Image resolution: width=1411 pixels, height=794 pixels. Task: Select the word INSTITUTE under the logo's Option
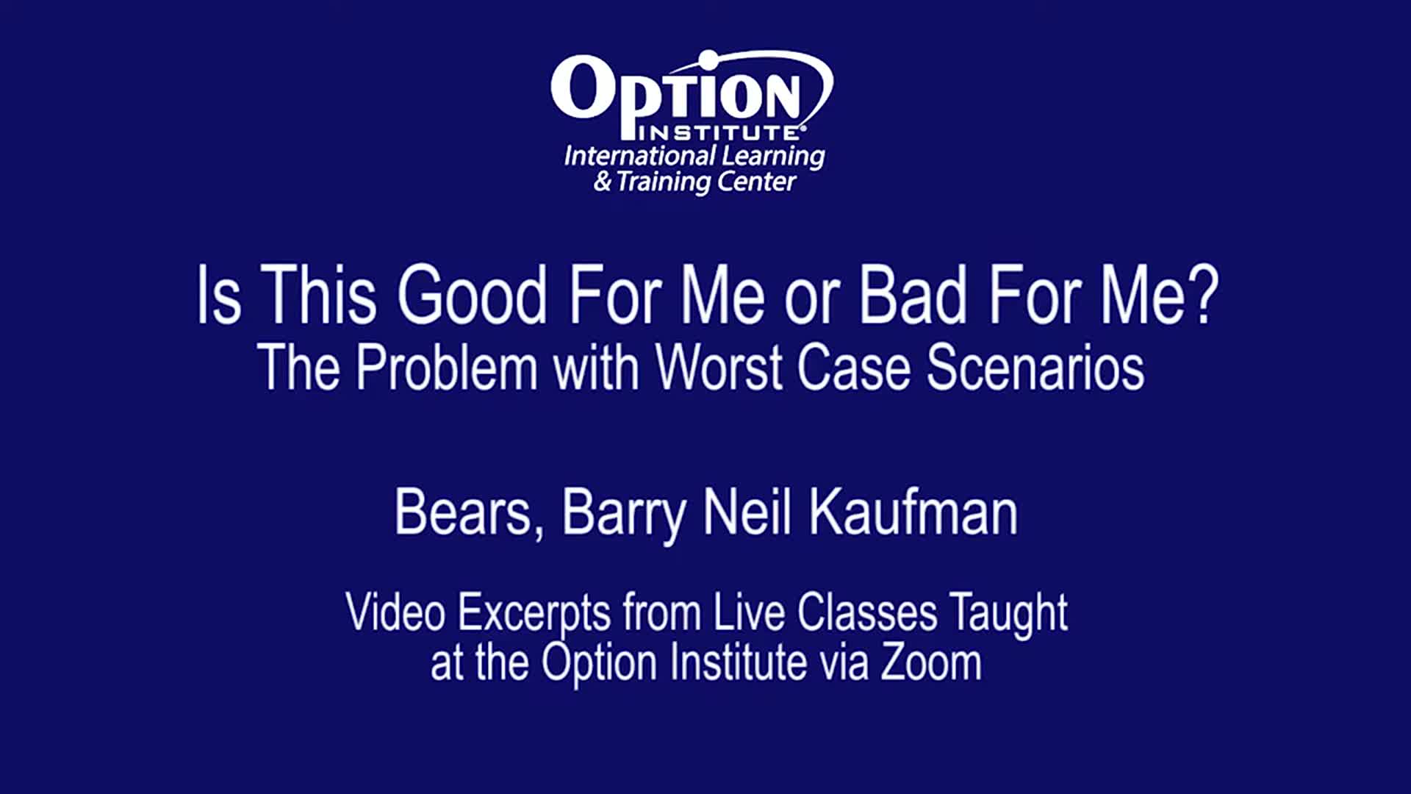click(x=721, y=133)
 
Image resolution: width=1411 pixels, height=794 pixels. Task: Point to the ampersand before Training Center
click(x=603, y=181)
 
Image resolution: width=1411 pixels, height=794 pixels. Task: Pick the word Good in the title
click(x=472, y=296)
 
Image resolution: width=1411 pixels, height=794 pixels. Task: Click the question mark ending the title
click(x=1203, y=296)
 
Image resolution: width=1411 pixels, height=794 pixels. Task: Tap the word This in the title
click(x=318, y=296)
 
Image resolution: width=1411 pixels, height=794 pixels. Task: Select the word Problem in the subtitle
click(x=447, y=367)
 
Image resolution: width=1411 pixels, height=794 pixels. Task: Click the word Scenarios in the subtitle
click(x=1035, y=367)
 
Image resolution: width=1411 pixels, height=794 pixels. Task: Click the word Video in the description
click(x=396, y=612)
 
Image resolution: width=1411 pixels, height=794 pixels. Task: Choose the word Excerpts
click(x=534, y=614)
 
